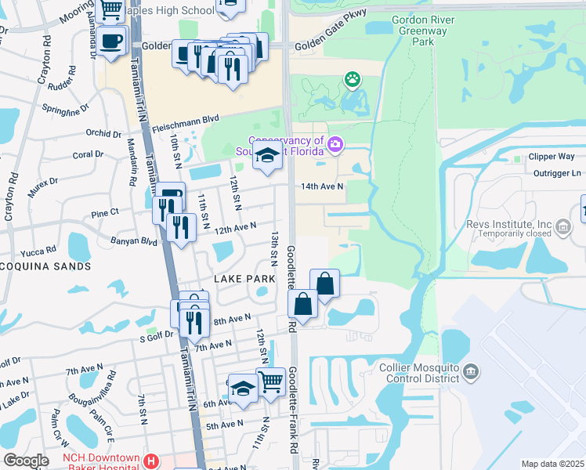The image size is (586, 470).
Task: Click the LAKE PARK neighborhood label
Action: click(244, 279)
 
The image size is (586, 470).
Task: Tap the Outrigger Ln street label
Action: click(555, 173)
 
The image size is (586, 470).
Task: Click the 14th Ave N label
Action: click(323, 186)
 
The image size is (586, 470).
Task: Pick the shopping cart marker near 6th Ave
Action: click(270, 381)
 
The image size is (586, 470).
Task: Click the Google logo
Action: click(26, 461)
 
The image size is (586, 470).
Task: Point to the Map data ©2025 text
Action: click(552, 464)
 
